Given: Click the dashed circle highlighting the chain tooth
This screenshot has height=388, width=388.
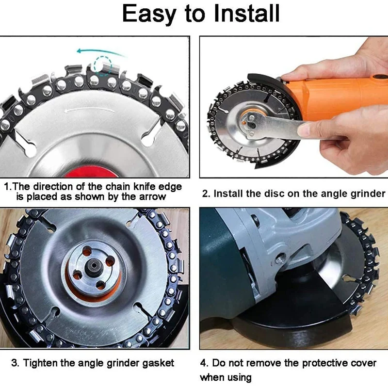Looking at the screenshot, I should pyautogui.click(x=103, y=65).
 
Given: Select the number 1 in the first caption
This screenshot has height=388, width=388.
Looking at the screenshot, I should pyautogui.click(x=6, y=187).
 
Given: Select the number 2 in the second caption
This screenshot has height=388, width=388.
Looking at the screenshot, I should pyautogui.click(x=206, y=194).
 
